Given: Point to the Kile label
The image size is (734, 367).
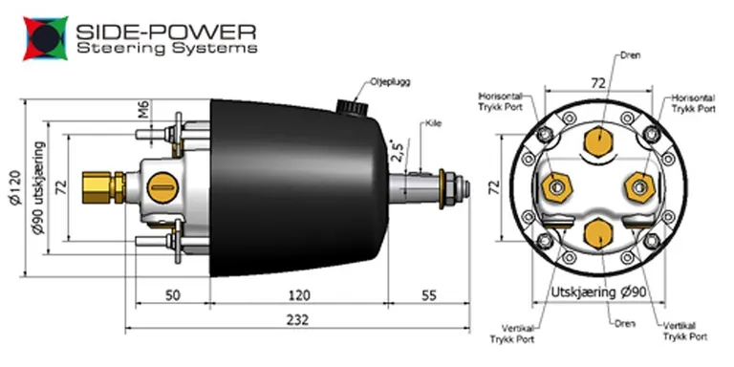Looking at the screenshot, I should pos(433,124).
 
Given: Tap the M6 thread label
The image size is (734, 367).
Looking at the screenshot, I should pos(142,111).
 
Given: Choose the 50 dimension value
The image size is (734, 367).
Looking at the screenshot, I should pos(172,296).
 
